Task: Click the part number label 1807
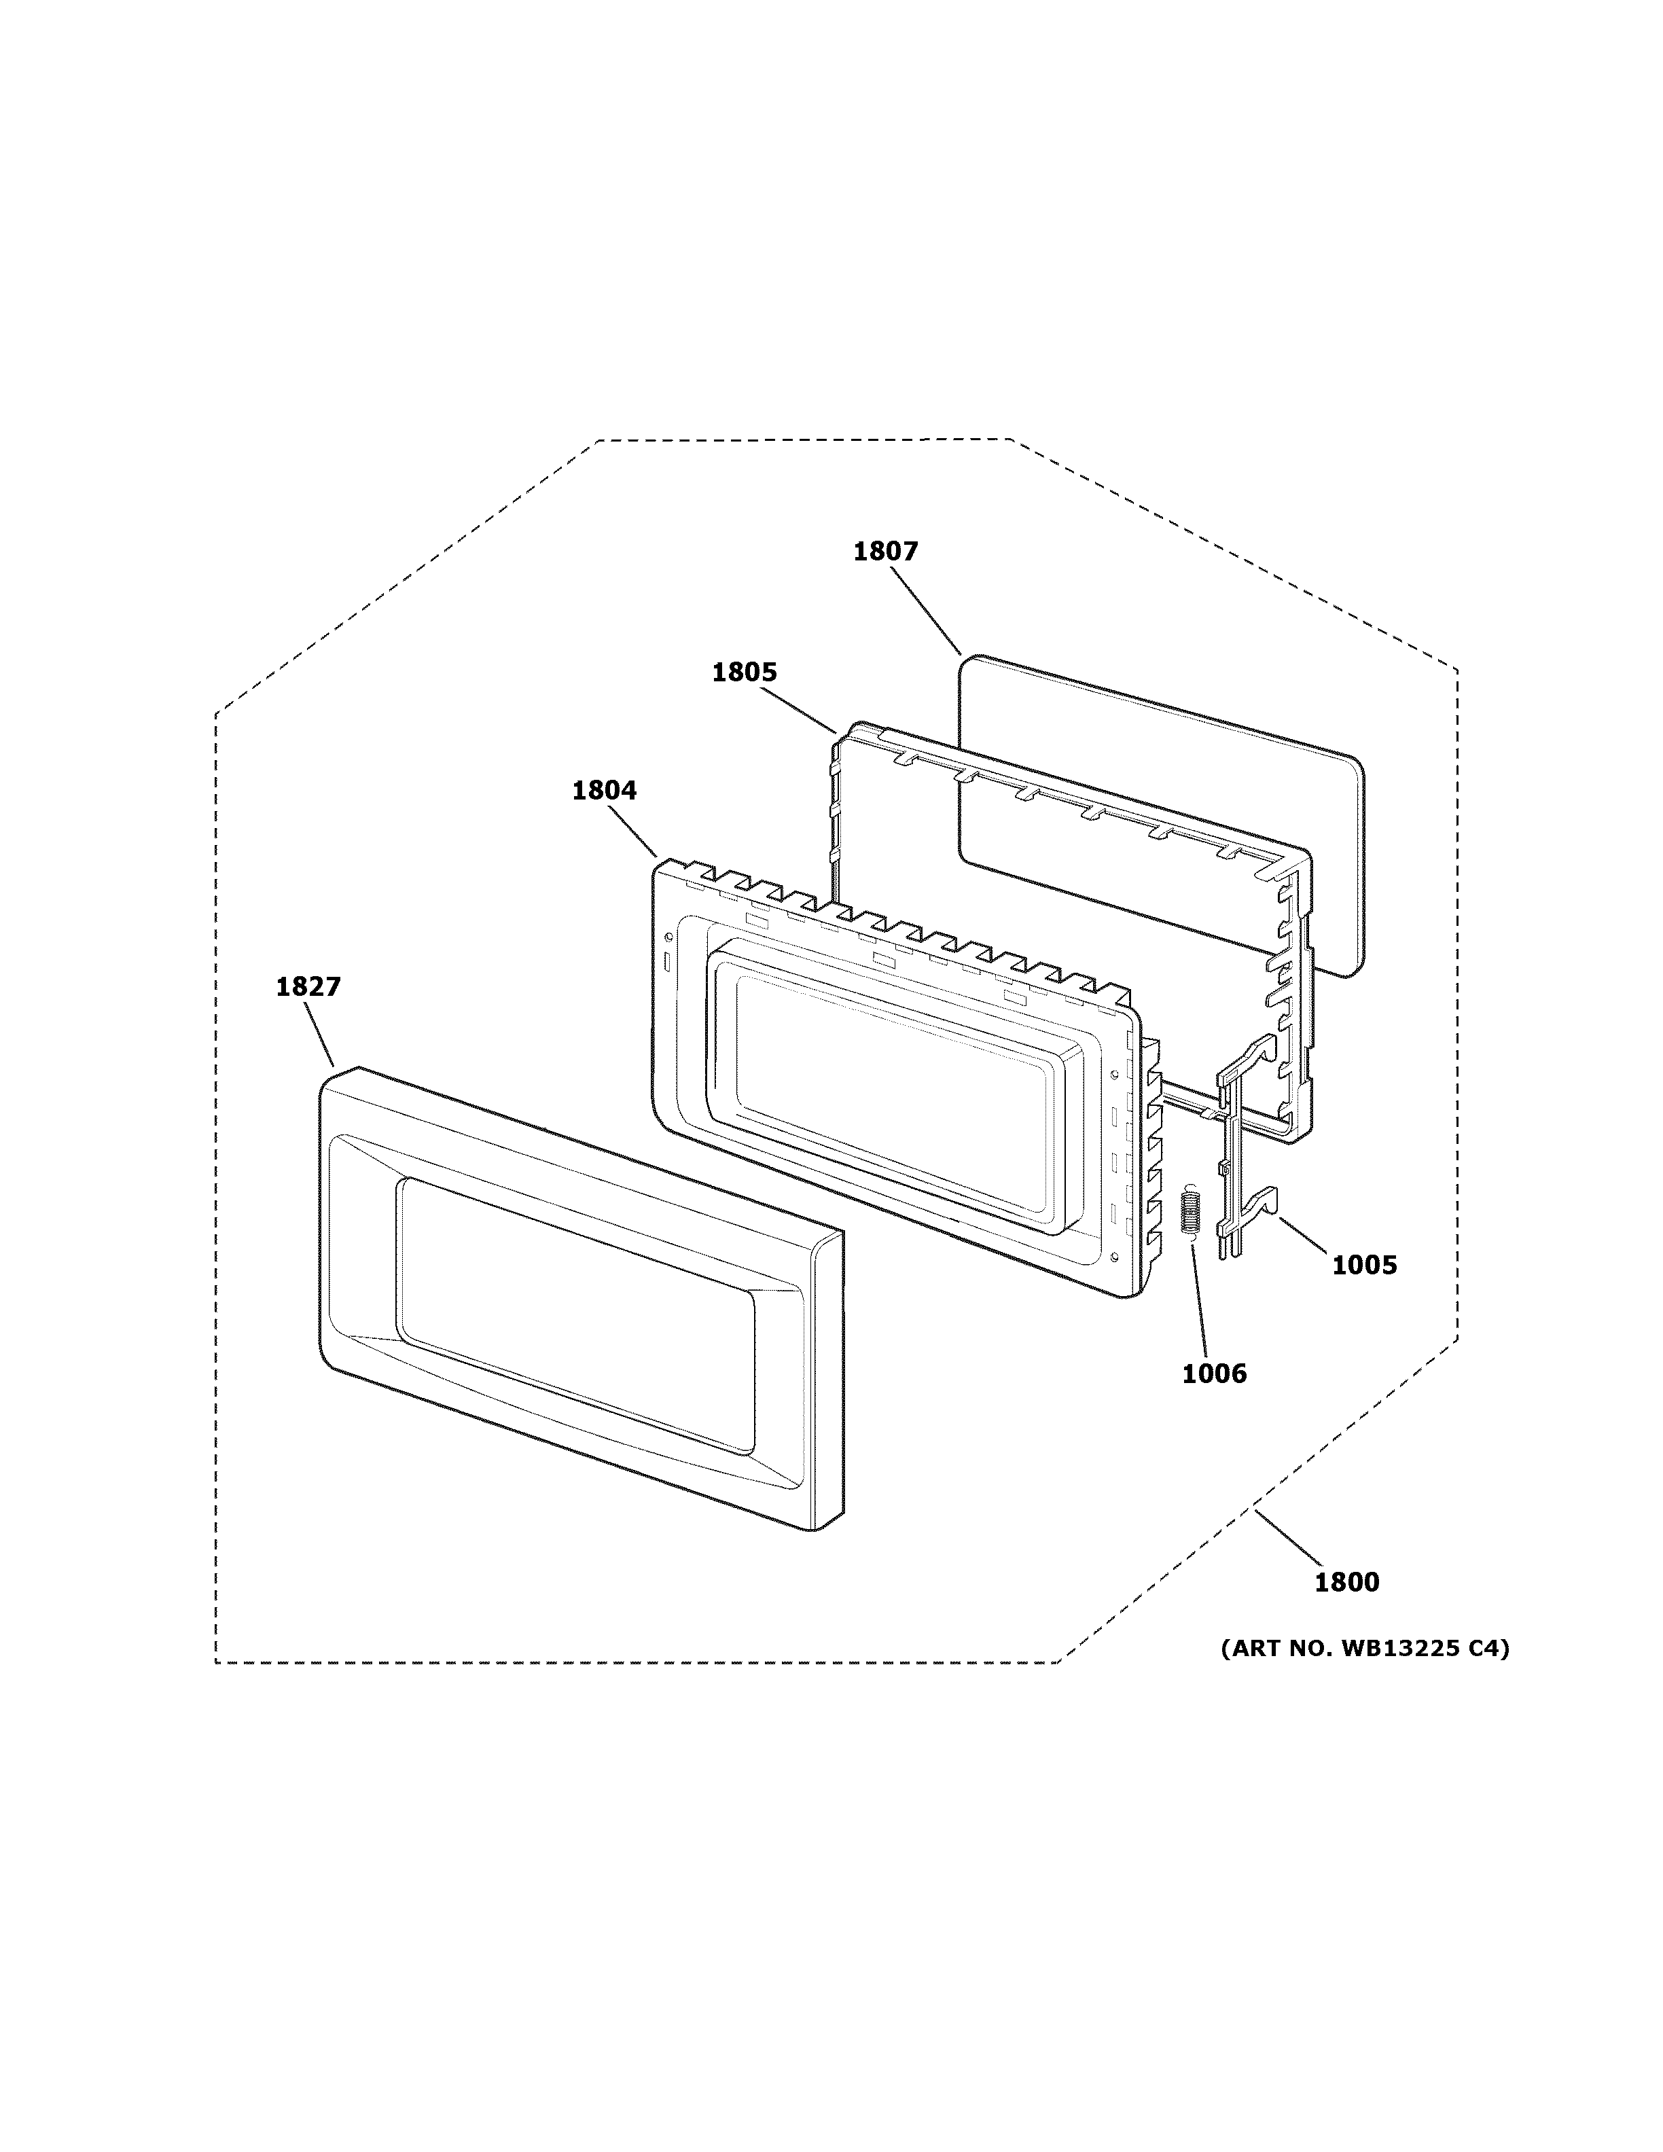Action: pyautogui.click(x=884, y=552)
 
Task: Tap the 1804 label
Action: pyautogui.click(x=604, y=790)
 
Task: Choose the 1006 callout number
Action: pyautogui.click(x=1214, y=1374)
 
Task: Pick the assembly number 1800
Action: pyautogui.click(x=1346, y=1583)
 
